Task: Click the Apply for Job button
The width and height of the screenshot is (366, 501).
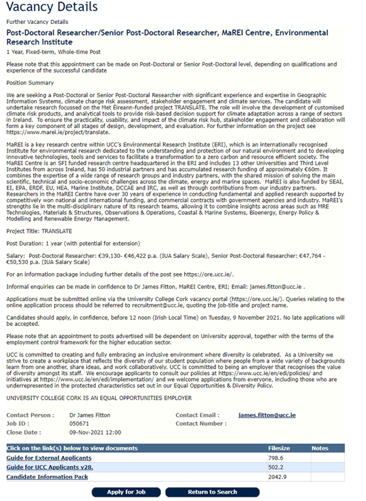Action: point(126,491)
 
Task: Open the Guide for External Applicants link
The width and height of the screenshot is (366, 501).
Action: point(49,457)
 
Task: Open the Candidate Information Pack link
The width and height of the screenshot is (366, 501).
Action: point(47,476)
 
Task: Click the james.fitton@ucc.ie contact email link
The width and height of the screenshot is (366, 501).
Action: point(267,415)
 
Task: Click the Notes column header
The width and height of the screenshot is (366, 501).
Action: point(319,448)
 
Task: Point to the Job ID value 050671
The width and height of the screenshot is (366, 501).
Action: point(79,424)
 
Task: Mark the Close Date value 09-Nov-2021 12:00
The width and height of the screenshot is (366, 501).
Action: point(95,433)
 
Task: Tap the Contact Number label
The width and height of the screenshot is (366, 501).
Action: point(200,424)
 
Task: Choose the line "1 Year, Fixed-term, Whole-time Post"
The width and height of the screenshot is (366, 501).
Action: point(54,51)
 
